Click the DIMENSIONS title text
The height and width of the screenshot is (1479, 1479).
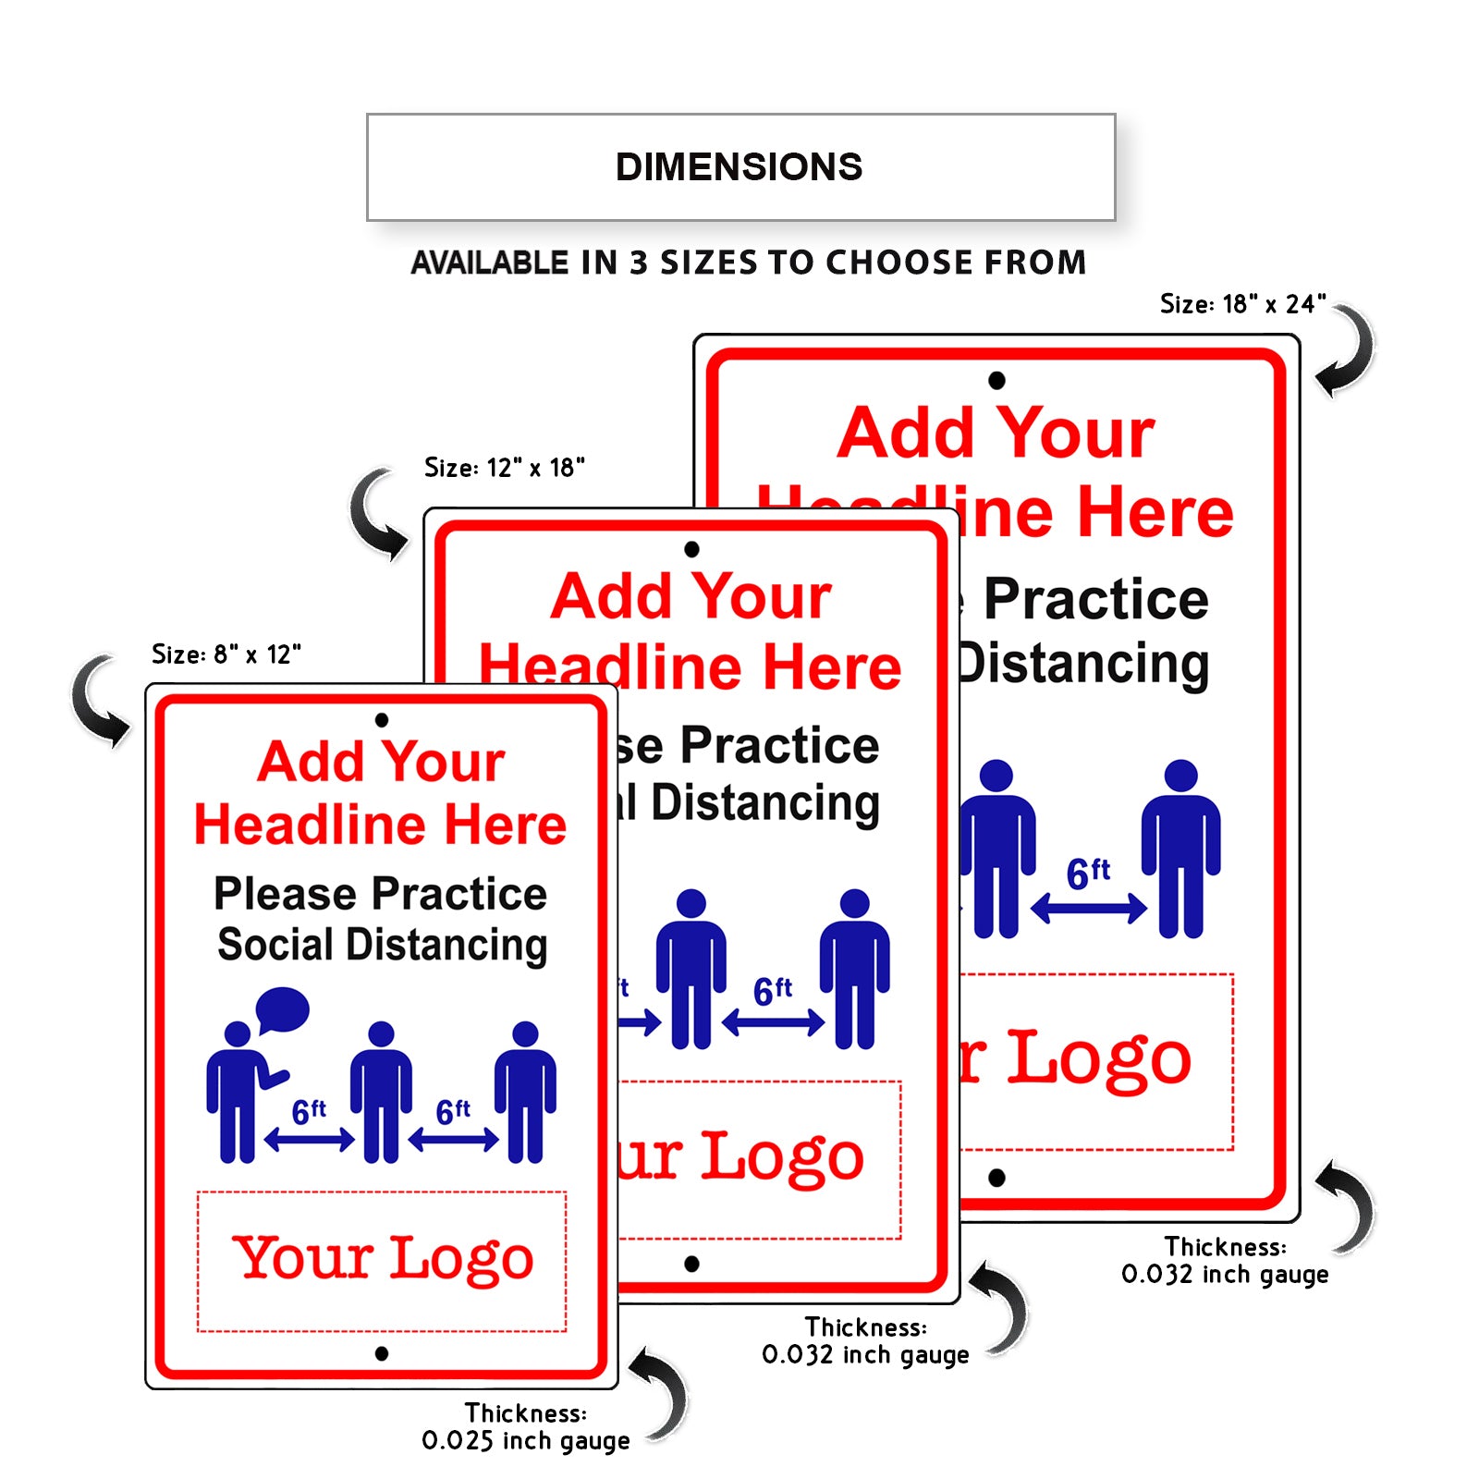(739, 167)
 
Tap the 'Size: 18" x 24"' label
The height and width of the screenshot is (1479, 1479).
(1242, 304)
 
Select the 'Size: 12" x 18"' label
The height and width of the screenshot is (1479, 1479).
(504, 468)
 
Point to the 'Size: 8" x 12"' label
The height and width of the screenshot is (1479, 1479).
(226, 654)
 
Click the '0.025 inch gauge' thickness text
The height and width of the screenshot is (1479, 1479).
(525, 1440)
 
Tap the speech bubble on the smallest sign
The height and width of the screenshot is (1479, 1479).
(282, 1008)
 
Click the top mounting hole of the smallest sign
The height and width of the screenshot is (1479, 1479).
(382, 720)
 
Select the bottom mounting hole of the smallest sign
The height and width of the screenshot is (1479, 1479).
(382, 1353)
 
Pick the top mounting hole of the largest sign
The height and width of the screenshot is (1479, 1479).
(996, 380)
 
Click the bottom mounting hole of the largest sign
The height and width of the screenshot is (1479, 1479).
(996, 1178)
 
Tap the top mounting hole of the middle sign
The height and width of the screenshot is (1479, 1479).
(691, 549)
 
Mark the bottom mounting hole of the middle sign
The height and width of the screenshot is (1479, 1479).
(691, 1264)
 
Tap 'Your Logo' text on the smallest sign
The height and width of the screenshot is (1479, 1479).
(382, 1258)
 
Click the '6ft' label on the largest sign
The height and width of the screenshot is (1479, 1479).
(1088, 873)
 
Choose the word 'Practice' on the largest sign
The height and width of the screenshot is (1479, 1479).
(1095, 599)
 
